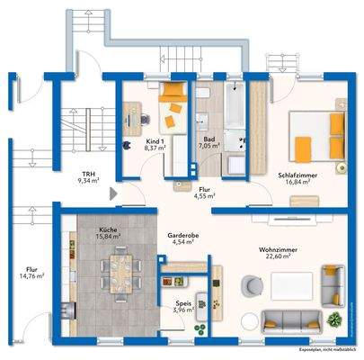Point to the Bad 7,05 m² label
(x=209, y=142)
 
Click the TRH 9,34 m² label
(x=89, y=177)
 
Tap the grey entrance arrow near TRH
(x=112, y=193)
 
